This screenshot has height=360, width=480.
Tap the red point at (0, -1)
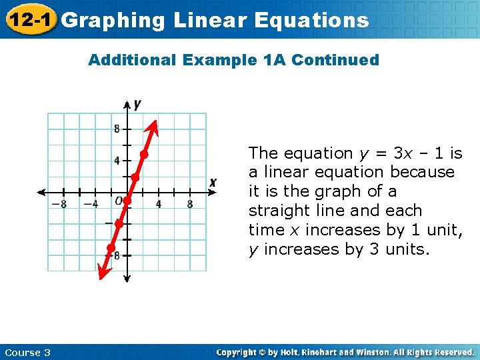(127, 200)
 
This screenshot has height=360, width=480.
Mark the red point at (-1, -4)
(119, 224)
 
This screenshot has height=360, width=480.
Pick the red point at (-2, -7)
(111, 248)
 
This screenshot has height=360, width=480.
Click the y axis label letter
(137, 104)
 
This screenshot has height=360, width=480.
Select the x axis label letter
(213, 182)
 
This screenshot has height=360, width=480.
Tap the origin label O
(118, 201)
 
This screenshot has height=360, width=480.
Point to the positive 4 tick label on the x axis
(159, 204)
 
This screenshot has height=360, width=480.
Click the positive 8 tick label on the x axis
(190, 204)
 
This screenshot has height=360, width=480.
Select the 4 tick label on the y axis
(117, 161)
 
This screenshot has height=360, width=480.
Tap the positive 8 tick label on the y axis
(117, 129)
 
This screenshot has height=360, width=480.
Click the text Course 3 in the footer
(27, 352)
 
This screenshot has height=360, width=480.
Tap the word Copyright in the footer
(237, 352)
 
